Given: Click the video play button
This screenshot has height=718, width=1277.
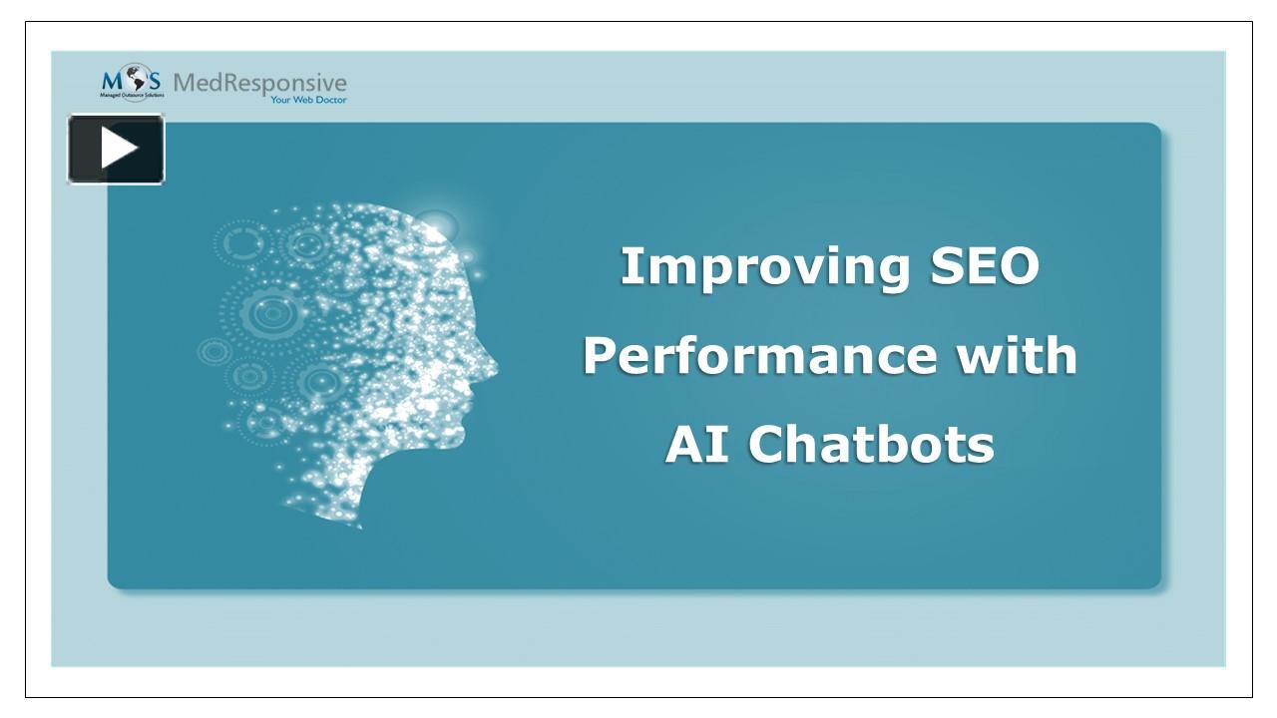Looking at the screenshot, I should click(x=116, y=150).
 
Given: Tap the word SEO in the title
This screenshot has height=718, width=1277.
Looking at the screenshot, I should click(x=984, y=266).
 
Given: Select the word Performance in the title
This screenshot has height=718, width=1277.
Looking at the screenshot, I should click(x=759, y=356).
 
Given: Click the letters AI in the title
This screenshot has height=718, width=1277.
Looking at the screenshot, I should click(x=699, y=444).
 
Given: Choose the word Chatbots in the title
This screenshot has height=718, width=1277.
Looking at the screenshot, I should click(x=871, y=444).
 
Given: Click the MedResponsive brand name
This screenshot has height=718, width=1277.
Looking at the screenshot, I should click(x=259, y=82).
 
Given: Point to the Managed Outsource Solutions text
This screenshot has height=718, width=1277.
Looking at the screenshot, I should click(x=132, y=96).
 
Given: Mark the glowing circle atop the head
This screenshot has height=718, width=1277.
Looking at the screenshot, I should click(x=435, y=226).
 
